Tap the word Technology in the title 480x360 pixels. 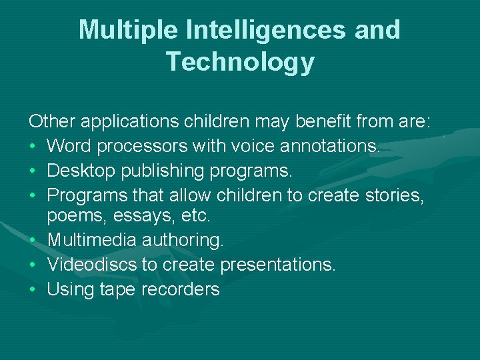[x=240, y=61]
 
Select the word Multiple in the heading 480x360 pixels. [x=131, y=30]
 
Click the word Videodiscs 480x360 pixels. [x=91, y=264]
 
